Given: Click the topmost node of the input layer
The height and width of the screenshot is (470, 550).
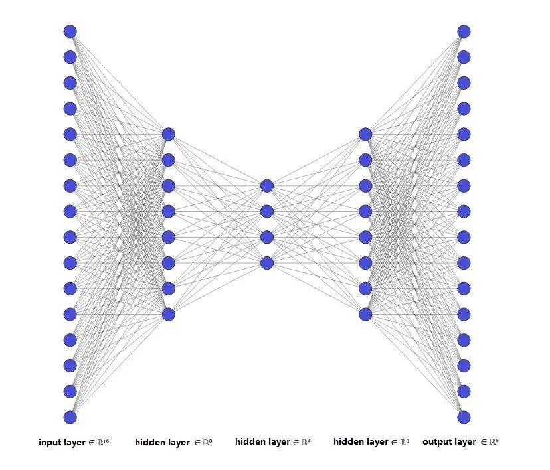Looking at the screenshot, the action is [70, 31].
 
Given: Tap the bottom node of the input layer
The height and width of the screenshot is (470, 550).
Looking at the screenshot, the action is [70, 417].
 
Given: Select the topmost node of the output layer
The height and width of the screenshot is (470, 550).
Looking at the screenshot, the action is [464, 31].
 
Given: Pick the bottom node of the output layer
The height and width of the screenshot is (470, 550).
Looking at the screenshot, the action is [464, 417].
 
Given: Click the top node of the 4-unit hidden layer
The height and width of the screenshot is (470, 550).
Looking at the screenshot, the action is [267, 186].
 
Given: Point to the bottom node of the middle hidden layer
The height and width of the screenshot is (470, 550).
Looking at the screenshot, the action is [267, 263].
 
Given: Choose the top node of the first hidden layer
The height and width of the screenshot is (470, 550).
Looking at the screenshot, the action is [169, 134].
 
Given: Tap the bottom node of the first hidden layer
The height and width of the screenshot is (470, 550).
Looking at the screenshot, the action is [169, 315].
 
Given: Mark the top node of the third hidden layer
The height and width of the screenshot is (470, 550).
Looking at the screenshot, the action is [365, 134].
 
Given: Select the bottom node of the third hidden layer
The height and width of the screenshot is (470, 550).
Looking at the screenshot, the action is [365, 315].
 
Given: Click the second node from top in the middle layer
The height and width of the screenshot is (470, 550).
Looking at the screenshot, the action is [267, 211].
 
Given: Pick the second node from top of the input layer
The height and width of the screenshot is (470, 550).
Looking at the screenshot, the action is [70, 57].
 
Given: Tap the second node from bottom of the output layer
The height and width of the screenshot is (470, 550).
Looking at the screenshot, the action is [464, 391].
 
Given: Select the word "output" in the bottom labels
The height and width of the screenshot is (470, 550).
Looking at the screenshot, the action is [434, 442].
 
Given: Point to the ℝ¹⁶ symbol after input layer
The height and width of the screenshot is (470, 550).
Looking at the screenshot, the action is [103, 442].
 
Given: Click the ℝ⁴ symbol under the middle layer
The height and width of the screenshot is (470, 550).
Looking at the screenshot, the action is [306, 442].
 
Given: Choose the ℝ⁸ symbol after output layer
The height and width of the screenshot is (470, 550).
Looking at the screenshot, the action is [494, 442].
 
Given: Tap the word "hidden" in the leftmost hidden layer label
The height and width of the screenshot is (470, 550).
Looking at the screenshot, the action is [149, 442].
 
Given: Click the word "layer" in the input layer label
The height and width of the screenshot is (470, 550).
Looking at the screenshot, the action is [74, 443].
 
